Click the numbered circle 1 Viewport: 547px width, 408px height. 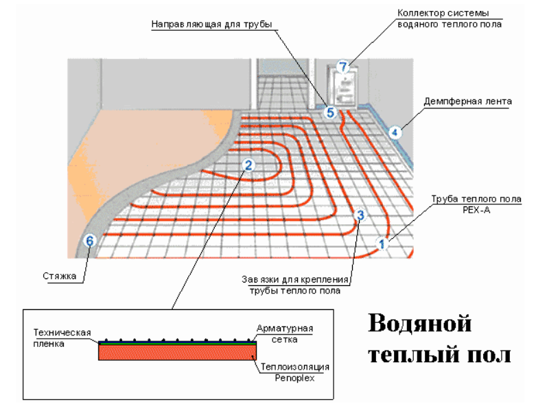click(382, 243)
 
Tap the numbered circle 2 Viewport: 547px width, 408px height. click(248, 165)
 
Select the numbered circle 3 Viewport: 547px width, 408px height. click(360, 215)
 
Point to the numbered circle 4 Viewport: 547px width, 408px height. click(395, 132)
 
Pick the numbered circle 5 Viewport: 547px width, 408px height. click(330, 112)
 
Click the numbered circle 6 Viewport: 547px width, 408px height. click(90, 241)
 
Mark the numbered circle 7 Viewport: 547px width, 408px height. click(343, 67)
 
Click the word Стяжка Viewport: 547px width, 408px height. click(59, 276)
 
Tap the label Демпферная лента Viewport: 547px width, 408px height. click(468, 101)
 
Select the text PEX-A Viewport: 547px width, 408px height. click(476, 210)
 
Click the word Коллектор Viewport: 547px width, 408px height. click(420, 13)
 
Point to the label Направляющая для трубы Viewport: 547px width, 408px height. click(211, 25)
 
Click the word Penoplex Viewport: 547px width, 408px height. click(294, 379)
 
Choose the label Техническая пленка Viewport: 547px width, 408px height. click(62, 338)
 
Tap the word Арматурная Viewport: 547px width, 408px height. click(285, 328)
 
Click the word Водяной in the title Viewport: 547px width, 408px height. click(419, 323)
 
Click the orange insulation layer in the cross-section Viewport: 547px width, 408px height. click(177, 352)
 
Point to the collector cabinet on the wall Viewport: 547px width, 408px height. click(343, 85)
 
